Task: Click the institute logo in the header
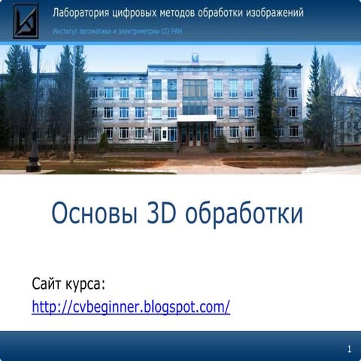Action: coord(26,20)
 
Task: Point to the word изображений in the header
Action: coord(277,14)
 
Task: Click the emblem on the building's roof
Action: coord(195,57)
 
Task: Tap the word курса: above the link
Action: coord(84,285)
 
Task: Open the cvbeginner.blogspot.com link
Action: coord(130,307)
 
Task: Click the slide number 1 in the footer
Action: coord(350,350)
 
